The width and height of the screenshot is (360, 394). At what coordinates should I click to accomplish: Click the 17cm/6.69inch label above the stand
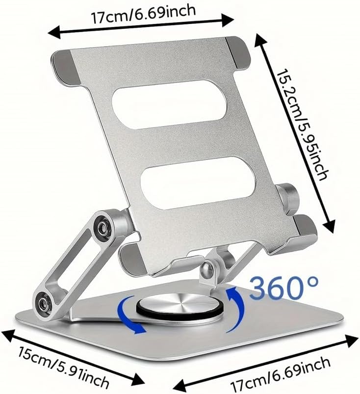(143, 14)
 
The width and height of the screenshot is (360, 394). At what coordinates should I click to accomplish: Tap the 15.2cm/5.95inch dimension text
(303, 125)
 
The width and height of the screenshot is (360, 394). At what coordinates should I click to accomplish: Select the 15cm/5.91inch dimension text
(63, 367)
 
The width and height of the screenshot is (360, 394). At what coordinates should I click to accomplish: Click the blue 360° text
(284, 288)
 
